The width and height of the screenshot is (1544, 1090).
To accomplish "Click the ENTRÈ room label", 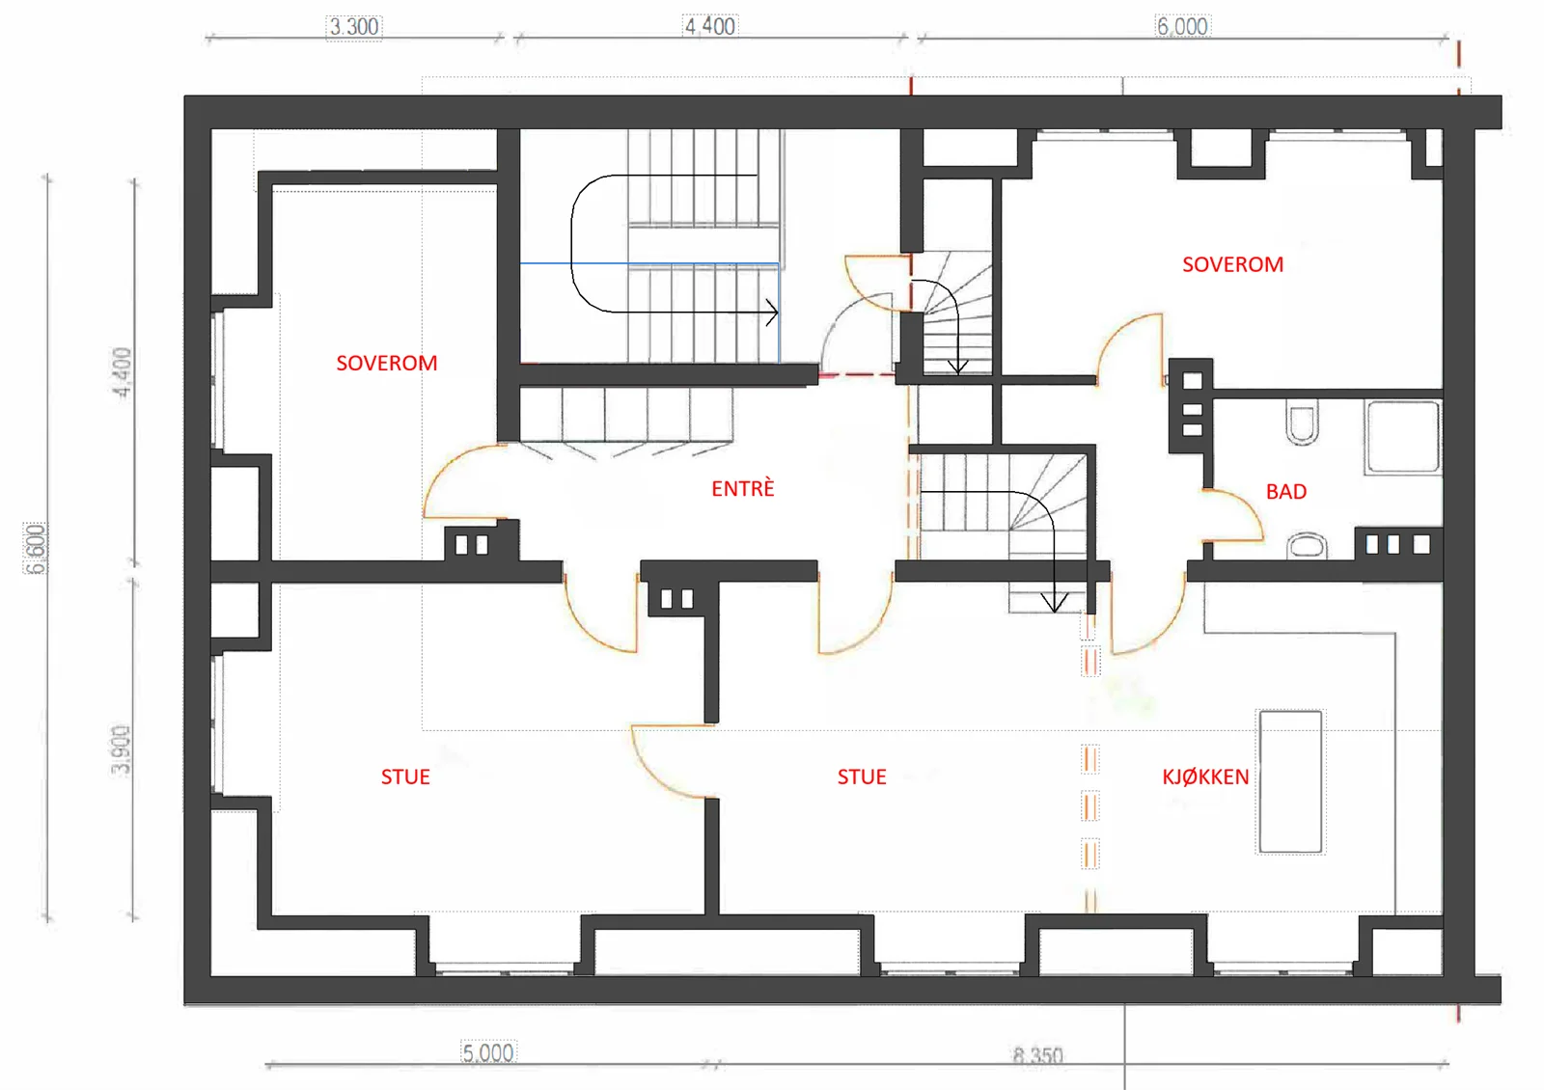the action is point(742,488).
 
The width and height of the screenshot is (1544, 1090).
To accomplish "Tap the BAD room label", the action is point(1286,491).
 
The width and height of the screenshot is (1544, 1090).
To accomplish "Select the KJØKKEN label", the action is point(1205,777).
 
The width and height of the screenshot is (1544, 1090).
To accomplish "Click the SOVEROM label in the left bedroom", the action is point(387,363).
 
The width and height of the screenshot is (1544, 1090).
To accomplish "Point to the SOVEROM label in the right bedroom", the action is point(1232,264).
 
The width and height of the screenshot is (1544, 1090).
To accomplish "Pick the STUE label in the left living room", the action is point(405,777).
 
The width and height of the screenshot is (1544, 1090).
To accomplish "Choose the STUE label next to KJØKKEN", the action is point(862,777).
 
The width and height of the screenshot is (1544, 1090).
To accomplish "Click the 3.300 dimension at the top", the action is point(353,27).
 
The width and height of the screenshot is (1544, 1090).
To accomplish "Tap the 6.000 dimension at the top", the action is point(1182,26).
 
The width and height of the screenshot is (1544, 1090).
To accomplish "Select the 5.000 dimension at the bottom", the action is point(488,1052).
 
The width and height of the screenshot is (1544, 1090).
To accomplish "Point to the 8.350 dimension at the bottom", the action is point(1037,1055).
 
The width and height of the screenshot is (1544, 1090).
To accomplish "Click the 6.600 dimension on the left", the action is point(35,549).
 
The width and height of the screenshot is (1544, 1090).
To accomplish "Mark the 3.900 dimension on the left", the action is point(121,749).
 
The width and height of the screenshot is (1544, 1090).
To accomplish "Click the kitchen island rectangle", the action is point(1290,782).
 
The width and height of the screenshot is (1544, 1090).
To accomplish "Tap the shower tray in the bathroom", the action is point(1403,437).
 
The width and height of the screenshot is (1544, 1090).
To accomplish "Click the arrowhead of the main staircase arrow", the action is point(773,313).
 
